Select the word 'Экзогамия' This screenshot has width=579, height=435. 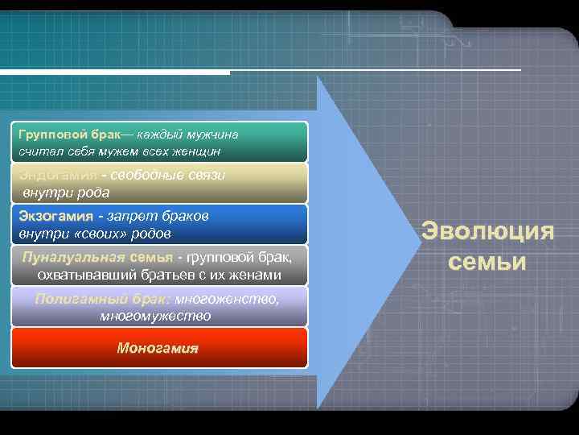[x=56, y=217]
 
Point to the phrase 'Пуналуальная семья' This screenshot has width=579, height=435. [x=97, y=258]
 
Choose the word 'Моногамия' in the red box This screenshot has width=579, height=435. [x=158, y=349]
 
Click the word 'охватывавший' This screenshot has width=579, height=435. [x=88, y=275]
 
